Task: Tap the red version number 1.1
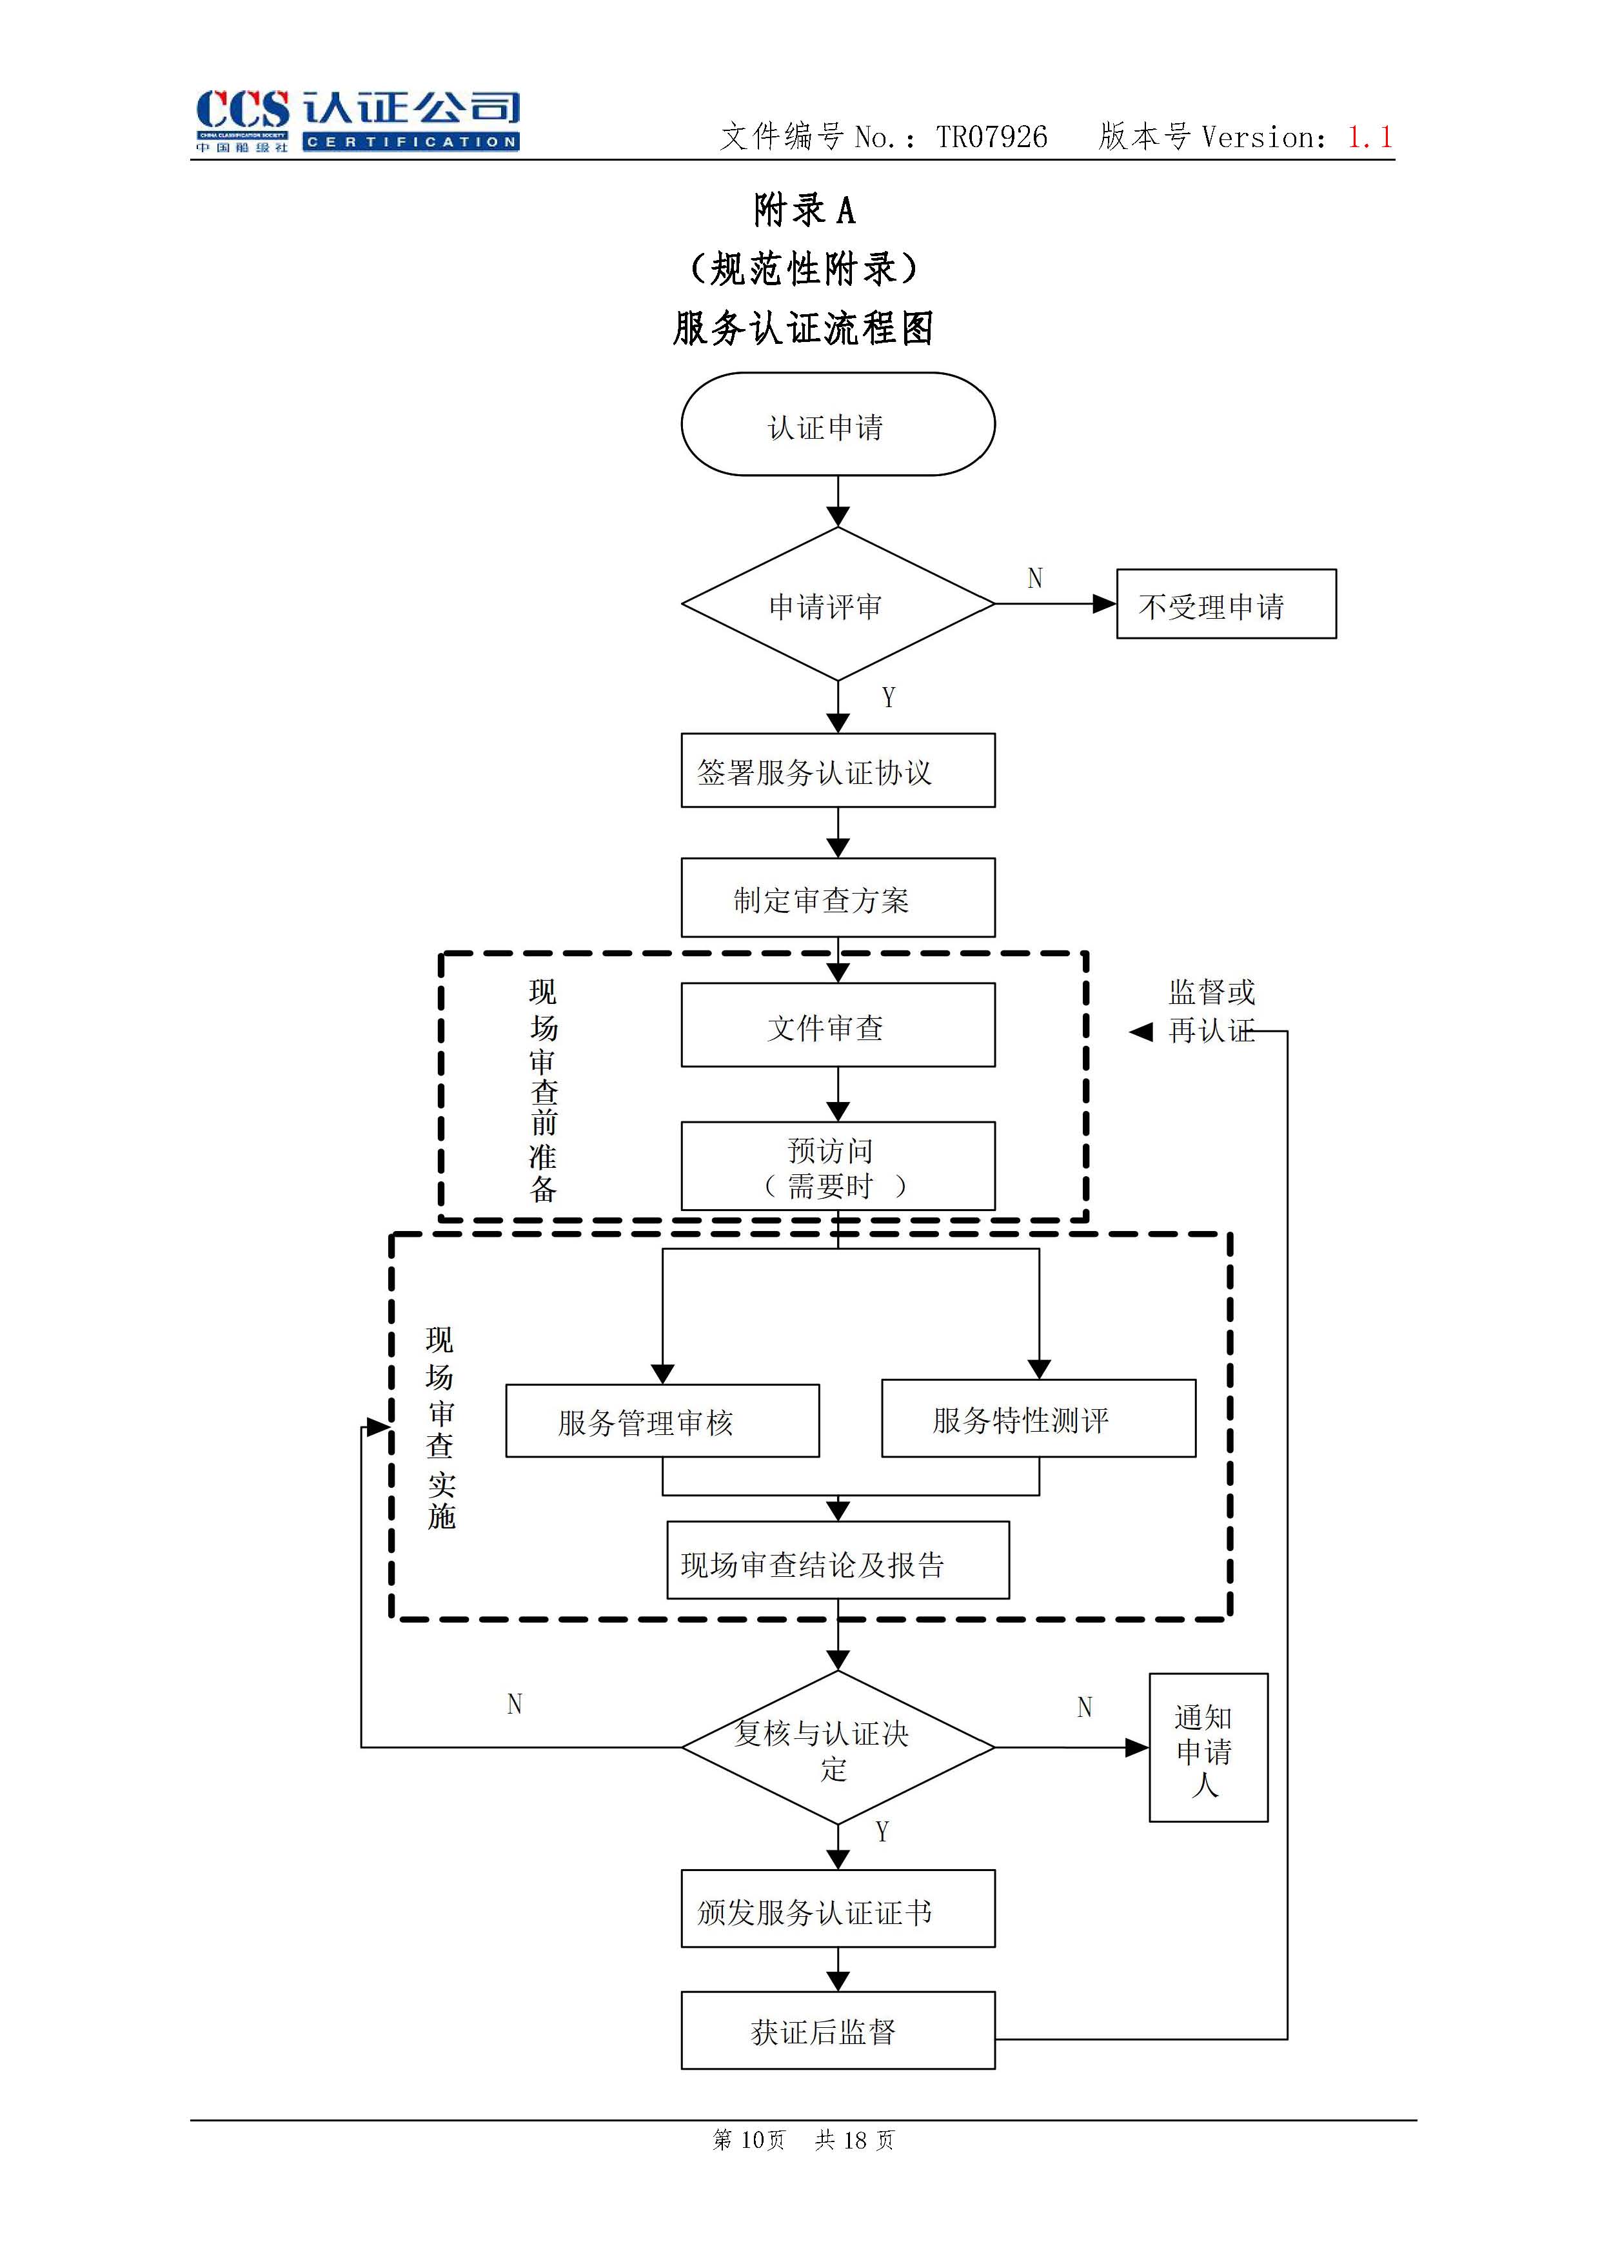[1369, 137]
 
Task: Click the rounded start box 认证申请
[837, 425]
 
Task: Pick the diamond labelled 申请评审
[837, 605]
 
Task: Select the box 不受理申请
[1225, 605]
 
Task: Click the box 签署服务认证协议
[837, 771]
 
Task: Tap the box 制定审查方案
[837, 897]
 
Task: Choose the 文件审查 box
[837, 1025]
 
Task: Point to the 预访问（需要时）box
[837, 1167]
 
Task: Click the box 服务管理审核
[662, 1421]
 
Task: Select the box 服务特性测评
[1038, 1419]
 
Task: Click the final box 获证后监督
[837, 2031]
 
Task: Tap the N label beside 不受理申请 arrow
[1034, 579]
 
